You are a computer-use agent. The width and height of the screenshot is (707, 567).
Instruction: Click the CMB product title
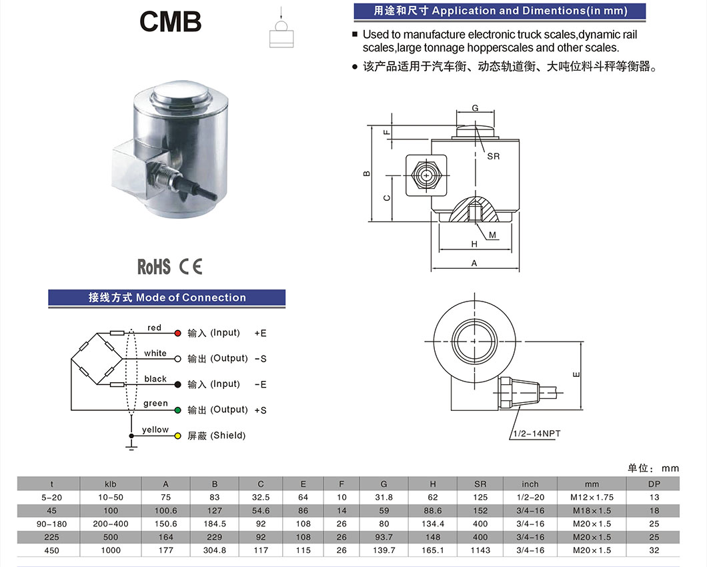click(170, 21)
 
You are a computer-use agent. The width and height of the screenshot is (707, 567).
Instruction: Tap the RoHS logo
click(154, 267)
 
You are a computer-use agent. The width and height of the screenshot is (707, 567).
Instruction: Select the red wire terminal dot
click(177, 333)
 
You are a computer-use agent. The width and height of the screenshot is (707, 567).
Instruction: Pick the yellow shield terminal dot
click(177, 436)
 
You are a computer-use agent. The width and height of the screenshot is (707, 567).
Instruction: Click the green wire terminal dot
click(177, 410)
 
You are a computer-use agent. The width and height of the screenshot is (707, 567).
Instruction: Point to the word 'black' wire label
click(155, 379)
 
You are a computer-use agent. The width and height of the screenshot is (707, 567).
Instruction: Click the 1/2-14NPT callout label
click(536, 434)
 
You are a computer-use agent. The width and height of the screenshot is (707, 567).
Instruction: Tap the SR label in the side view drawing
click(493, 156)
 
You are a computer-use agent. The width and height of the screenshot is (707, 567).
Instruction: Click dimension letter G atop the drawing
click(475, 108)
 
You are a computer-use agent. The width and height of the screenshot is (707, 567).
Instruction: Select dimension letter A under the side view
click(474, 263)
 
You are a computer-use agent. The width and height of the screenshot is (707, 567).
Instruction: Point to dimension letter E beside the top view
click(576, 375)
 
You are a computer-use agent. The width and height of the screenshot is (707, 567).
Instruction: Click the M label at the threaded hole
click(492, 235)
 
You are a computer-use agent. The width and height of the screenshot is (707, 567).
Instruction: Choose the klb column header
click(111, 484)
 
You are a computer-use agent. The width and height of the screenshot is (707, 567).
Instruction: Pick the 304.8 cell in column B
click(213, 550)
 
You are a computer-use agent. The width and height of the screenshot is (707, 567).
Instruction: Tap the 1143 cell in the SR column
click(480, 550)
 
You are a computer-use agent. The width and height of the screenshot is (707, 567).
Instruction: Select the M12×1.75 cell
click(592, 497)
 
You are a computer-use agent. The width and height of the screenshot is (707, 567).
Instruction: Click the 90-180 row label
click(51, 524)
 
